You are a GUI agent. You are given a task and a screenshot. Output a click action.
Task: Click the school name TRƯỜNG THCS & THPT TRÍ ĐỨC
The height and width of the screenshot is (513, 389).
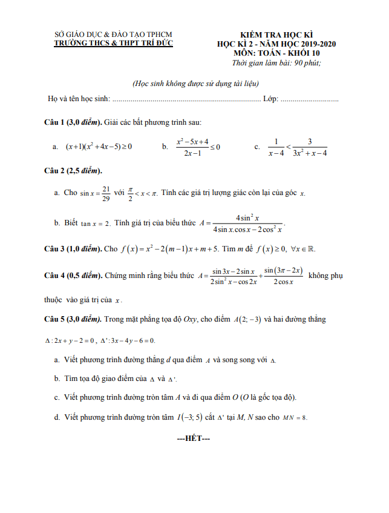(113, 44)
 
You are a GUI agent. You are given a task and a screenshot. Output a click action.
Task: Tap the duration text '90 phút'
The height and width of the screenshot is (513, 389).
(307, 62)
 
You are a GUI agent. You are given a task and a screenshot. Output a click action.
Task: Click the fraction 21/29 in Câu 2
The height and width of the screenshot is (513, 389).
(106, 193)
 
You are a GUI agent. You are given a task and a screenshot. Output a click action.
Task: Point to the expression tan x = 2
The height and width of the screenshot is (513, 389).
(95, 223)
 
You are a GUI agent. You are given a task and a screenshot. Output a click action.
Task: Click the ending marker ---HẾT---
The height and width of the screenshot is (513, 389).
(193, 438)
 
